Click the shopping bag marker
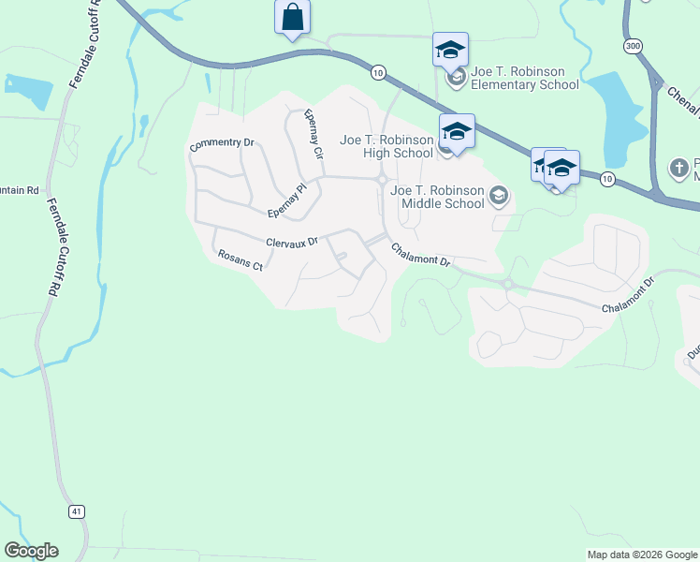point(292,18)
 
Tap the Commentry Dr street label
point(222,145)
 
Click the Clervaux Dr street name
point(292,242)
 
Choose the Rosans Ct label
point(240,259)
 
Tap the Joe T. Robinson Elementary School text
point(525,78)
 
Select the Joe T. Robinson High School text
point(386,146)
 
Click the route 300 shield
point(634,45)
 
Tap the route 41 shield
point(76,510)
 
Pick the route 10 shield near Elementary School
point(378,71)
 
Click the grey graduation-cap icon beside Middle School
point(499,195)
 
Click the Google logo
point(31,551)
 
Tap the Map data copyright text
point(641,555)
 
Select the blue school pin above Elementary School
point(450,50)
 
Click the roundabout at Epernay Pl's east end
point(383,180)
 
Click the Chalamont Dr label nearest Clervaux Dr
point(421,255)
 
